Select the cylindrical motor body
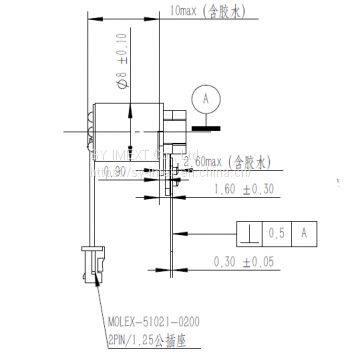pyautogui.click(x=125, y=128)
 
